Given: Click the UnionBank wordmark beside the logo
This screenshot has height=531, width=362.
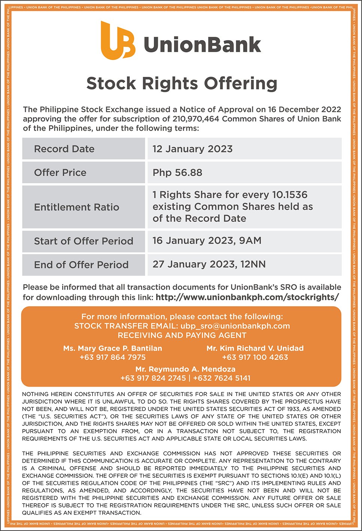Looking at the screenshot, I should click(x=202, y=45).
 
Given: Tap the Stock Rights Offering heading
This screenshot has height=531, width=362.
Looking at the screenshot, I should click(x=182, y=83).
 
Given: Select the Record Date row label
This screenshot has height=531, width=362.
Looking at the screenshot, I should click(x=64, y=149).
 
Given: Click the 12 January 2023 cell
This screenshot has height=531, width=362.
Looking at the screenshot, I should click(x=192, y=149).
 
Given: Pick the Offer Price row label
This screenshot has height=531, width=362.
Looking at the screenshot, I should click(x=60, y=172).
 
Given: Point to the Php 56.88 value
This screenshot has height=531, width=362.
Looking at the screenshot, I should click(x=177, y=172).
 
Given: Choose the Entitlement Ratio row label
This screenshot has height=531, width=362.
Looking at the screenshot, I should click(x=76, y=207).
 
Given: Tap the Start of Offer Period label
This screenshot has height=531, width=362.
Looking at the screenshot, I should click(x=83, y=241).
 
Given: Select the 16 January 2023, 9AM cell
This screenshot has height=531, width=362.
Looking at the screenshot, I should click(x=207, y=241).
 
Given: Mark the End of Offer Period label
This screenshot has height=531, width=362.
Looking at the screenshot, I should click(x=81, y=265).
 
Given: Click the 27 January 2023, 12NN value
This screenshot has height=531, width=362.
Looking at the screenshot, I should click(x=209, y=264).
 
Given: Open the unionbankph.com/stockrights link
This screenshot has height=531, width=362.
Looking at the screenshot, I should click(x=247, y=297).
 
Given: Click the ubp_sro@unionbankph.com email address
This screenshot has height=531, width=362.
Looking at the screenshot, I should click(x=235, y=326).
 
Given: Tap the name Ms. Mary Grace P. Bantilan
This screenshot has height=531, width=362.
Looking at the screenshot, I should click(x=113, y=348).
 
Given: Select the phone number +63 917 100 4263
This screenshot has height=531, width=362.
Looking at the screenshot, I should click(x=255, y=357).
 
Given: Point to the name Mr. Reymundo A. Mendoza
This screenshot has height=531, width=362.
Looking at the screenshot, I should click(x=185, y=369).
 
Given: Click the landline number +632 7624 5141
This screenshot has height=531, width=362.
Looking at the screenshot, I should click(x=222, y=378).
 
